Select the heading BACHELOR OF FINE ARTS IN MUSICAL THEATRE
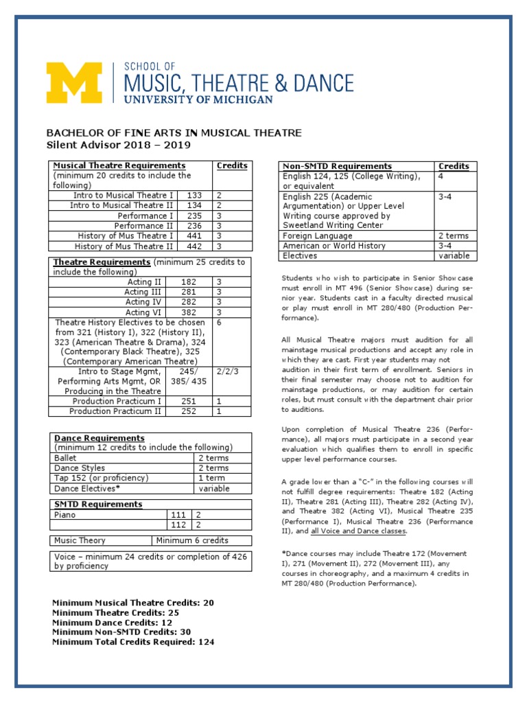(x=174, y=132)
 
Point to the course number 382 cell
(x=189, y=312)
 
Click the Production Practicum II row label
(x=116, y=411)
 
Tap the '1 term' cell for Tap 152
(x=212, y=479)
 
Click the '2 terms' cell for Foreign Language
(x=454, y=235)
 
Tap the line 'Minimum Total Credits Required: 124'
(x=133, y=642)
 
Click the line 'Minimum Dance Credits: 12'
(x=113, y=622)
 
